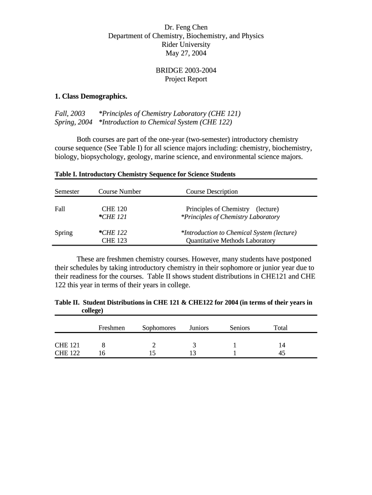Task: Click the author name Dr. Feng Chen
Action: pos(186,27)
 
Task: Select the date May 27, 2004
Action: pos(186,53)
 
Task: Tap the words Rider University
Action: pos(186,44)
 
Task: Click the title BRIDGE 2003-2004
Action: pos(186,70)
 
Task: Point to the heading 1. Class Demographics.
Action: pos(91,96)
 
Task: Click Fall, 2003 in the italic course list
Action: pos(70,114)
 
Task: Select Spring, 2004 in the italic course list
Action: pos(73,122)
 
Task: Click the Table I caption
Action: pos(145,174)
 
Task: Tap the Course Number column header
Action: pos(120,191)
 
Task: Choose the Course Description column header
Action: pos(212,191)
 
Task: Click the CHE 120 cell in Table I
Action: pos(114,209)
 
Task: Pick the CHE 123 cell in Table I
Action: pos(114,240)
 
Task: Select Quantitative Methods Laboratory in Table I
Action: pos(230,240)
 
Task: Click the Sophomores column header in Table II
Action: pos(159,328)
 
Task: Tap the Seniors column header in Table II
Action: pos(240,328)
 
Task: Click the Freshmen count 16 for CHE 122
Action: pos(102,353)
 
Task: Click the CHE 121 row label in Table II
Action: pos(67,345)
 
